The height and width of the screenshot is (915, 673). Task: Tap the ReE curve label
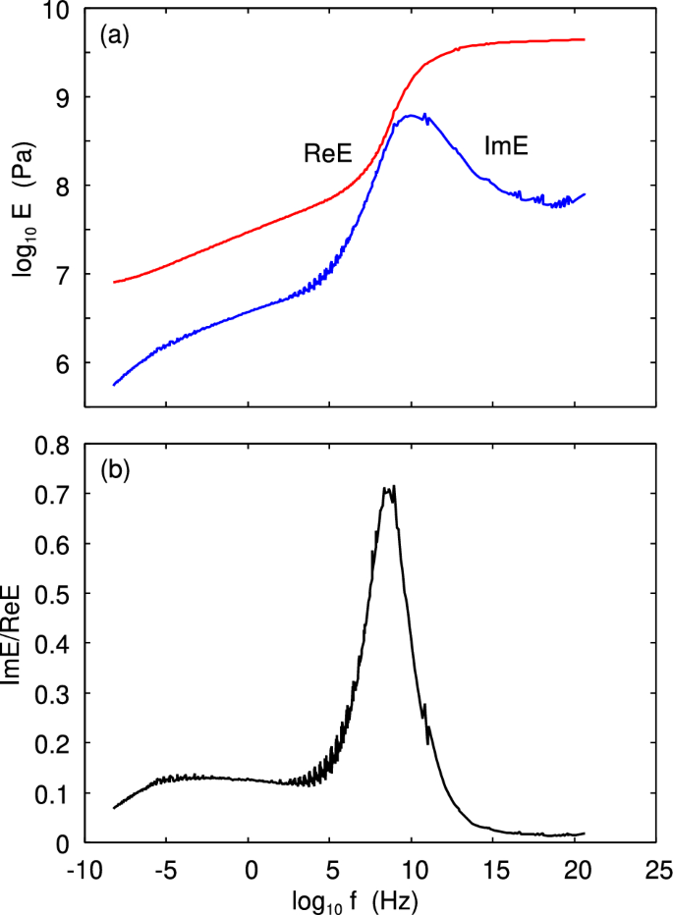click(328, 152)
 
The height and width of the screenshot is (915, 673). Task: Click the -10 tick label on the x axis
click(79, 870)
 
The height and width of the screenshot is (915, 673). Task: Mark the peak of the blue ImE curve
click(411, 116)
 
